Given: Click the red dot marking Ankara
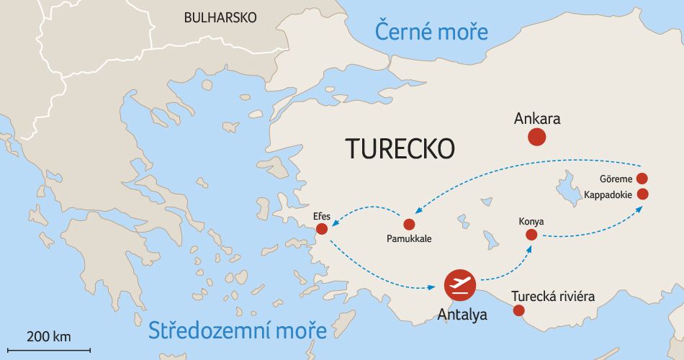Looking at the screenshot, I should click(536, 138).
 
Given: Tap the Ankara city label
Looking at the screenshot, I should click(537, 119).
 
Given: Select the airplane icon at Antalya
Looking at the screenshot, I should click(460, 285).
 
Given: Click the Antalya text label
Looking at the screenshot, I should click(463, 315).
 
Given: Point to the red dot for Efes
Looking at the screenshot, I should click(322, 229).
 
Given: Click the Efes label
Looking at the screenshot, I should click(321, 215).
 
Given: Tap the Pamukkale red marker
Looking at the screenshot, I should click(409, 224).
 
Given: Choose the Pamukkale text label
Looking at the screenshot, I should click(409, 238).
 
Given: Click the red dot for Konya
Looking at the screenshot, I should click(531, 235).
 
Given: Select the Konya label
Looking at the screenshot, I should click(531, 221).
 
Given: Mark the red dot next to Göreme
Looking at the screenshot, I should click(642, 179).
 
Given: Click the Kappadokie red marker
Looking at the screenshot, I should click(643, 194).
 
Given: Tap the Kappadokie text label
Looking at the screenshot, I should click(608, 194).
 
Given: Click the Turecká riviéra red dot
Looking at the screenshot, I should click(518, 311).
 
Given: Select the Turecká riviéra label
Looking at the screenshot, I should click(553, 297).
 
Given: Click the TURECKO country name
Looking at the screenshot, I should click(400, 148).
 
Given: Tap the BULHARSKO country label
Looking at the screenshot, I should click(220, 18).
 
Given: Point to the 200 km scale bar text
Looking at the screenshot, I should click(49, 337).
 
